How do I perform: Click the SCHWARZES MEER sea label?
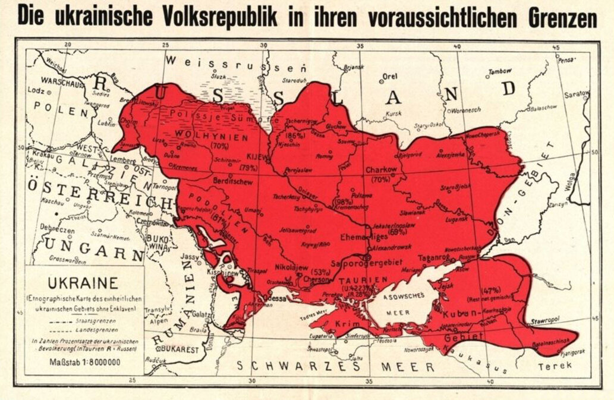pos(335,366)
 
